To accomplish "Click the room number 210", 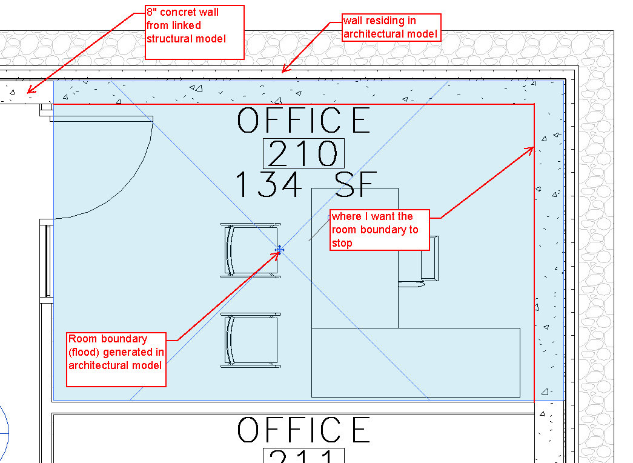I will pos(303,154).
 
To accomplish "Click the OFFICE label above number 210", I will pos(303,120).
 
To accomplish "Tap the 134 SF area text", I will pos(306,184).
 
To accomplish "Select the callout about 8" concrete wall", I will pos(194,32).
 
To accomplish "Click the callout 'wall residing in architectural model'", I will pos(391,27).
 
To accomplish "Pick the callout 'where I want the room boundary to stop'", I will pos(379,230).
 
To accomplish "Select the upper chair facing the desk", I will pos(251,250).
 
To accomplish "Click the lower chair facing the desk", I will pos(251,341).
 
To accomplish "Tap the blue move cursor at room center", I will pos(279,249).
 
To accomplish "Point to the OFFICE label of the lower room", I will pos(303,430).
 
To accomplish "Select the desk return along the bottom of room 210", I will pos(416,362).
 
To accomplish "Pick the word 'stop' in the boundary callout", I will pos(342,243).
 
